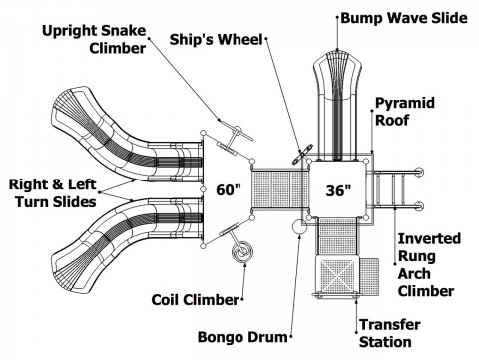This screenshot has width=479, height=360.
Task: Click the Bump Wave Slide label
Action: (404, 18)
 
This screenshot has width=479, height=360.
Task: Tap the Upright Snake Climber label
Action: (94, 39)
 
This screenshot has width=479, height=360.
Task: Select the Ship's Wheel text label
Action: (217, 39)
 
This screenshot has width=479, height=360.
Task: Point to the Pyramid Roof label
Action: (405, 112)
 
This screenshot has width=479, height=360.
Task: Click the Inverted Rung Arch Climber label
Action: (429, 265)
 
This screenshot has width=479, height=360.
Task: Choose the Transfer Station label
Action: (390, 333)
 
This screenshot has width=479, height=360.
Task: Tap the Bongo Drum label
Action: (242, 337)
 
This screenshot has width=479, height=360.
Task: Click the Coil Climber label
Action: (196, 300)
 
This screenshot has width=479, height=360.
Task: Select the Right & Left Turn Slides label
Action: (53, 193)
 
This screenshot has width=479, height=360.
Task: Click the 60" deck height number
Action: (229, 190)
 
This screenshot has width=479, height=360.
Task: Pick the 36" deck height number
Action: (338, 190)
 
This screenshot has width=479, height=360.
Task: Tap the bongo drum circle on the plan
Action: (299, 227)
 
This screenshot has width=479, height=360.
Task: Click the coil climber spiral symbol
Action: (242, 252)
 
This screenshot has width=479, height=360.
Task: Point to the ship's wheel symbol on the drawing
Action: (302, 154)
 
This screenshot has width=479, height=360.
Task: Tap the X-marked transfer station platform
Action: (337, 275)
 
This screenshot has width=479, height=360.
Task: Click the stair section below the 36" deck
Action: (337, 236)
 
